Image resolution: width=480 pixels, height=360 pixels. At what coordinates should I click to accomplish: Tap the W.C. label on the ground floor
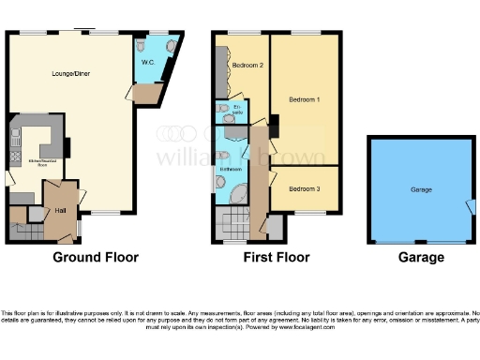coord(148,62)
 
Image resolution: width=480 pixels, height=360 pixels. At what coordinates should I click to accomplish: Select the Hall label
coord(60,210)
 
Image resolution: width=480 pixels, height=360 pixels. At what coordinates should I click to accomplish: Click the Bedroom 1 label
coord(304,99)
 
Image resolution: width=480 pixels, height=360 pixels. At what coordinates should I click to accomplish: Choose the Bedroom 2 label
coord(247,66)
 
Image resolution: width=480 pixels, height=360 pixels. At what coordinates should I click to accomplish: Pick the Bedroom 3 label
coord(304,189)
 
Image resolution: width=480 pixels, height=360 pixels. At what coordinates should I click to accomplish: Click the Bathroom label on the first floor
coord(231,170)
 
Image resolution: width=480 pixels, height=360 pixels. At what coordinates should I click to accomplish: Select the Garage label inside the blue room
coord(421,189)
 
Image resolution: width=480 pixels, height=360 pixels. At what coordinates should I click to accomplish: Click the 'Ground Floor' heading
coord(95,257)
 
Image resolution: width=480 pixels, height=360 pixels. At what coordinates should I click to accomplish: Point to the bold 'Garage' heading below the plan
coord(420,257)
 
